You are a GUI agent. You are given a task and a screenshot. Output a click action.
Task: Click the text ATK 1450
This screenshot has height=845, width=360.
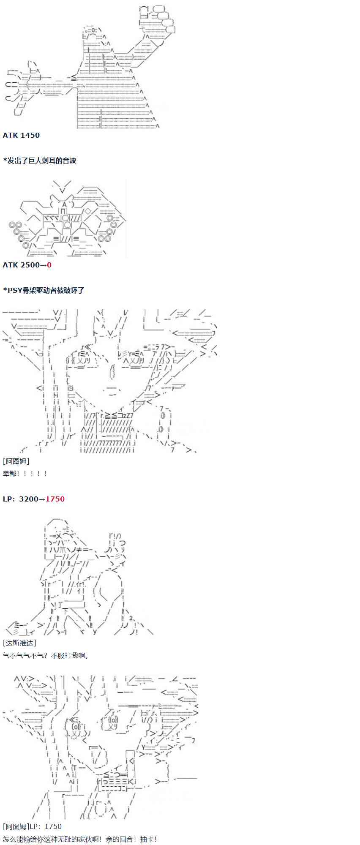(21, 135)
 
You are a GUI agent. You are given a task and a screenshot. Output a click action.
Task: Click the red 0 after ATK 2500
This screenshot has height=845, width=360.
(49, 265)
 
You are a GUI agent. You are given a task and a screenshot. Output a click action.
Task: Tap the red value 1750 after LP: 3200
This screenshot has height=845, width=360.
(55, 499)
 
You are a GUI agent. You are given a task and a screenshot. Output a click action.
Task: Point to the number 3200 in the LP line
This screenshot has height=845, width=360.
(29, 499)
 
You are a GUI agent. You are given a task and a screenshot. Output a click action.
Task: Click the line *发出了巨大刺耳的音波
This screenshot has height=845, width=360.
(39, 161)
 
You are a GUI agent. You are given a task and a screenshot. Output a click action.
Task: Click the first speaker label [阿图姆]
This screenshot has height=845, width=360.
(16, 461)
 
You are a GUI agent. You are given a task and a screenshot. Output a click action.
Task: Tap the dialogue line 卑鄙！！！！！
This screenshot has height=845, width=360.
(25, 474)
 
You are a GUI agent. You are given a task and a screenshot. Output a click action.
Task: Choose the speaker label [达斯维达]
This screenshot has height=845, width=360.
(19, 643)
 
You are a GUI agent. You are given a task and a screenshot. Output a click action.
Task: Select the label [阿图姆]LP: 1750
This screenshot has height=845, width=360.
(32, 826)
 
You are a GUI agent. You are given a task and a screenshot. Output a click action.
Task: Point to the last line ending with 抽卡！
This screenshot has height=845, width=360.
(80, 839)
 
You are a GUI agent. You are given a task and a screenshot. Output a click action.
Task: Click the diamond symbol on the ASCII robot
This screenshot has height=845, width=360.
(88, 211)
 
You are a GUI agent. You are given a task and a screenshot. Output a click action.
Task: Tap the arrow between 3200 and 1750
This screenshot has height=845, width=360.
(42, 499)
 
